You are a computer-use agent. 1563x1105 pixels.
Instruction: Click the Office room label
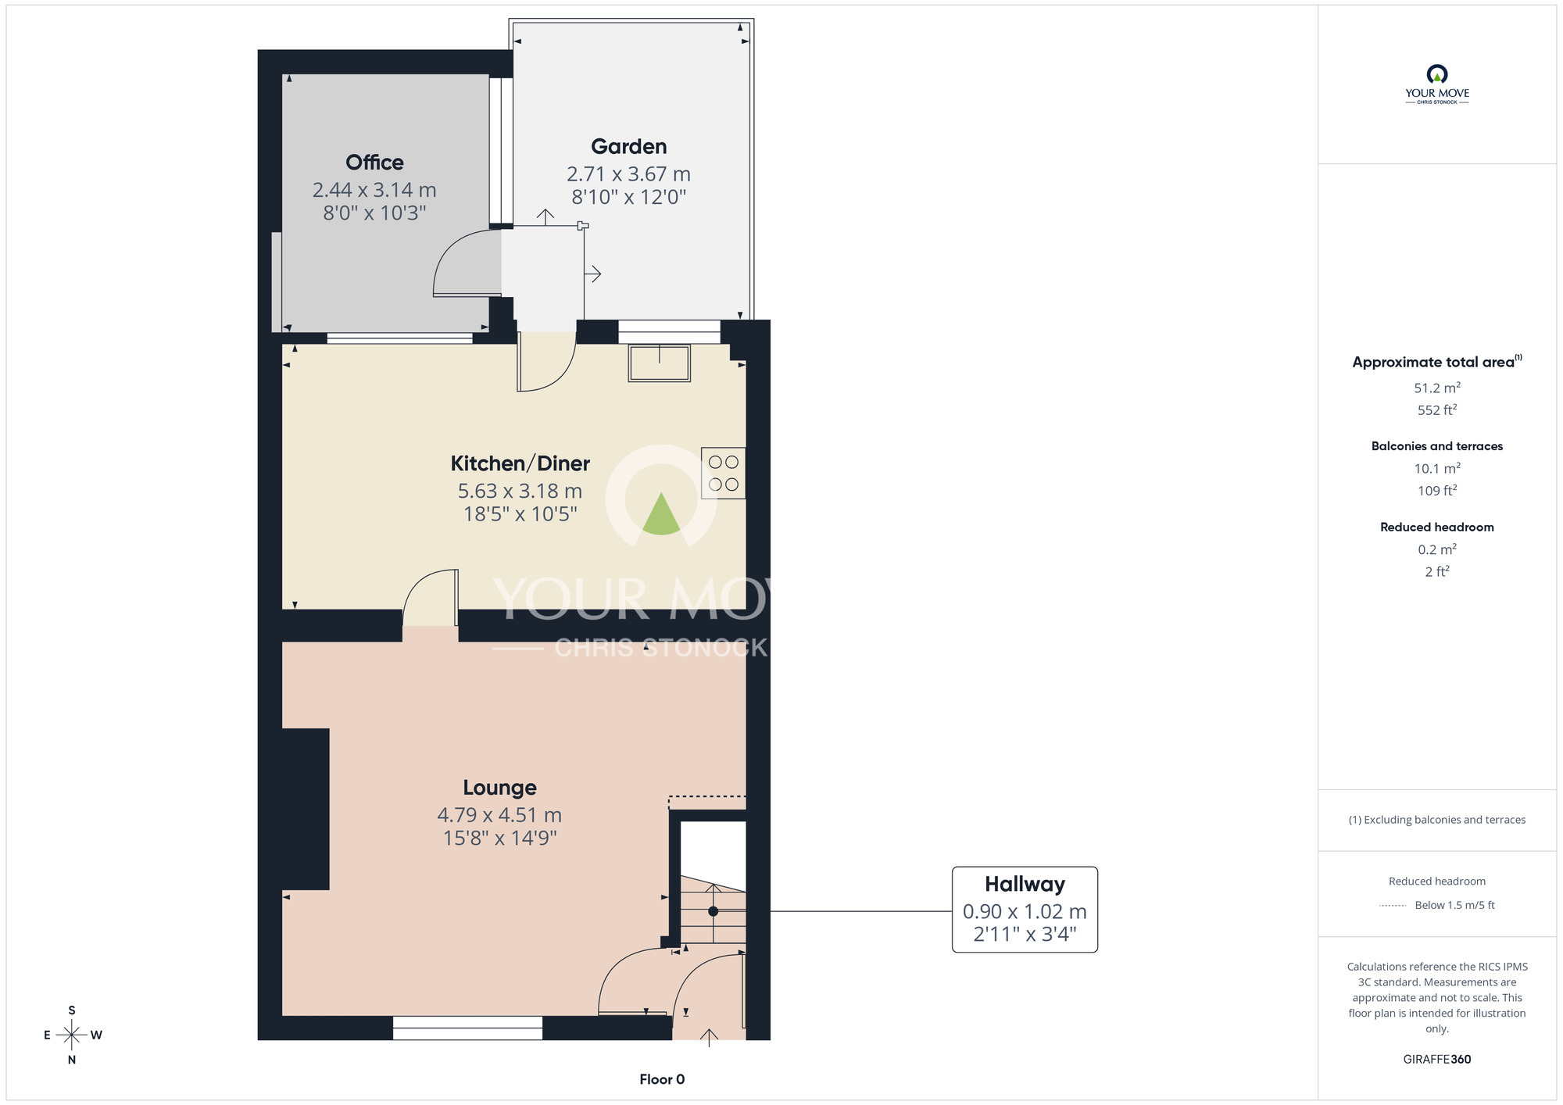point(374,163)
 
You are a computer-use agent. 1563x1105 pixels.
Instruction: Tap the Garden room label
point(629,147)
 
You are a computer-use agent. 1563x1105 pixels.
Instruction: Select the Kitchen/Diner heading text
point(520,463)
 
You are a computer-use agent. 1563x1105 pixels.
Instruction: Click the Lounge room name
point(499,788)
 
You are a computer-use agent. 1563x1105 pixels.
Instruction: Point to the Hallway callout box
point(1025,910)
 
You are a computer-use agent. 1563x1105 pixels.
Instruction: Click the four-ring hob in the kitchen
point(723,473)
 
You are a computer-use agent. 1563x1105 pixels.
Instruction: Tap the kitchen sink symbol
point(660,363)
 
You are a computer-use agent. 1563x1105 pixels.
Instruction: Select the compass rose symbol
point(72,1035)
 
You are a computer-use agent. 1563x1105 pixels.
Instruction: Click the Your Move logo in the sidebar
point(1437,84)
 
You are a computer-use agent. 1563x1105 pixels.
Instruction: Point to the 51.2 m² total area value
point(1437,388)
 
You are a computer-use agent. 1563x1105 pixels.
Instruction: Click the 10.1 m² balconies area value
point(1437,468)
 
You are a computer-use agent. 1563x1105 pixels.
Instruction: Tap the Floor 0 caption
point(662,1079)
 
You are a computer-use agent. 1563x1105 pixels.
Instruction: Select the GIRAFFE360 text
point(1437,1060)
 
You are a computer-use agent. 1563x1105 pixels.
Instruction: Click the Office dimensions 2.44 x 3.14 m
point(374,190)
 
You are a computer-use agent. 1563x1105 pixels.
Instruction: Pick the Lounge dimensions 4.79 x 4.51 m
point(499,815)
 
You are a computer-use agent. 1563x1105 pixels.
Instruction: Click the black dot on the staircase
point(713,911)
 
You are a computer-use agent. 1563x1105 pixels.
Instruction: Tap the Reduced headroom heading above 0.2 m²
point(1437,527)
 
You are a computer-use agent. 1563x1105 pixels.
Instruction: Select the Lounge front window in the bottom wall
point(467,1028)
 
